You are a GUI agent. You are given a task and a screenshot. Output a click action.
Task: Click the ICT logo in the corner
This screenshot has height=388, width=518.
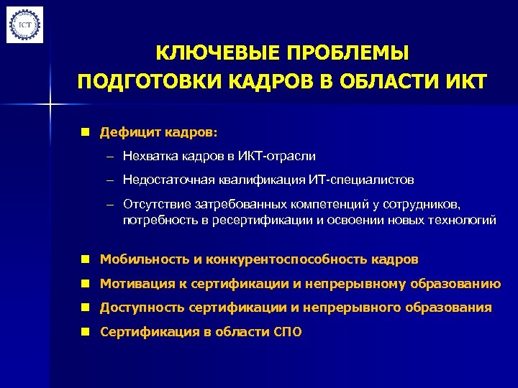click(25, 24)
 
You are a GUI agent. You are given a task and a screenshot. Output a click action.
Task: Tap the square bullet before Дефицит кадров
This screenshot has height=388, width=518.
click(85, 133)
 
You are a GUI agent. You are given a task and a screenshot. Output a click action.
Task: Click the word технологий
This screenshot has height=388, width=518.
click(462, 220)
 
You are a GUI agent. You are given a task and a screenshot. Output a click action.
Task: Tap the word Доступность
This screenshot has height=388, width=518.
click(142, 308)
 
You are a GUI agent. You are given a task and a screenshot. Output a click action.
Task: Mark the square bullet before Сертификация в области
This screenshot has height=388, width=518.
click(85, 332)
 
